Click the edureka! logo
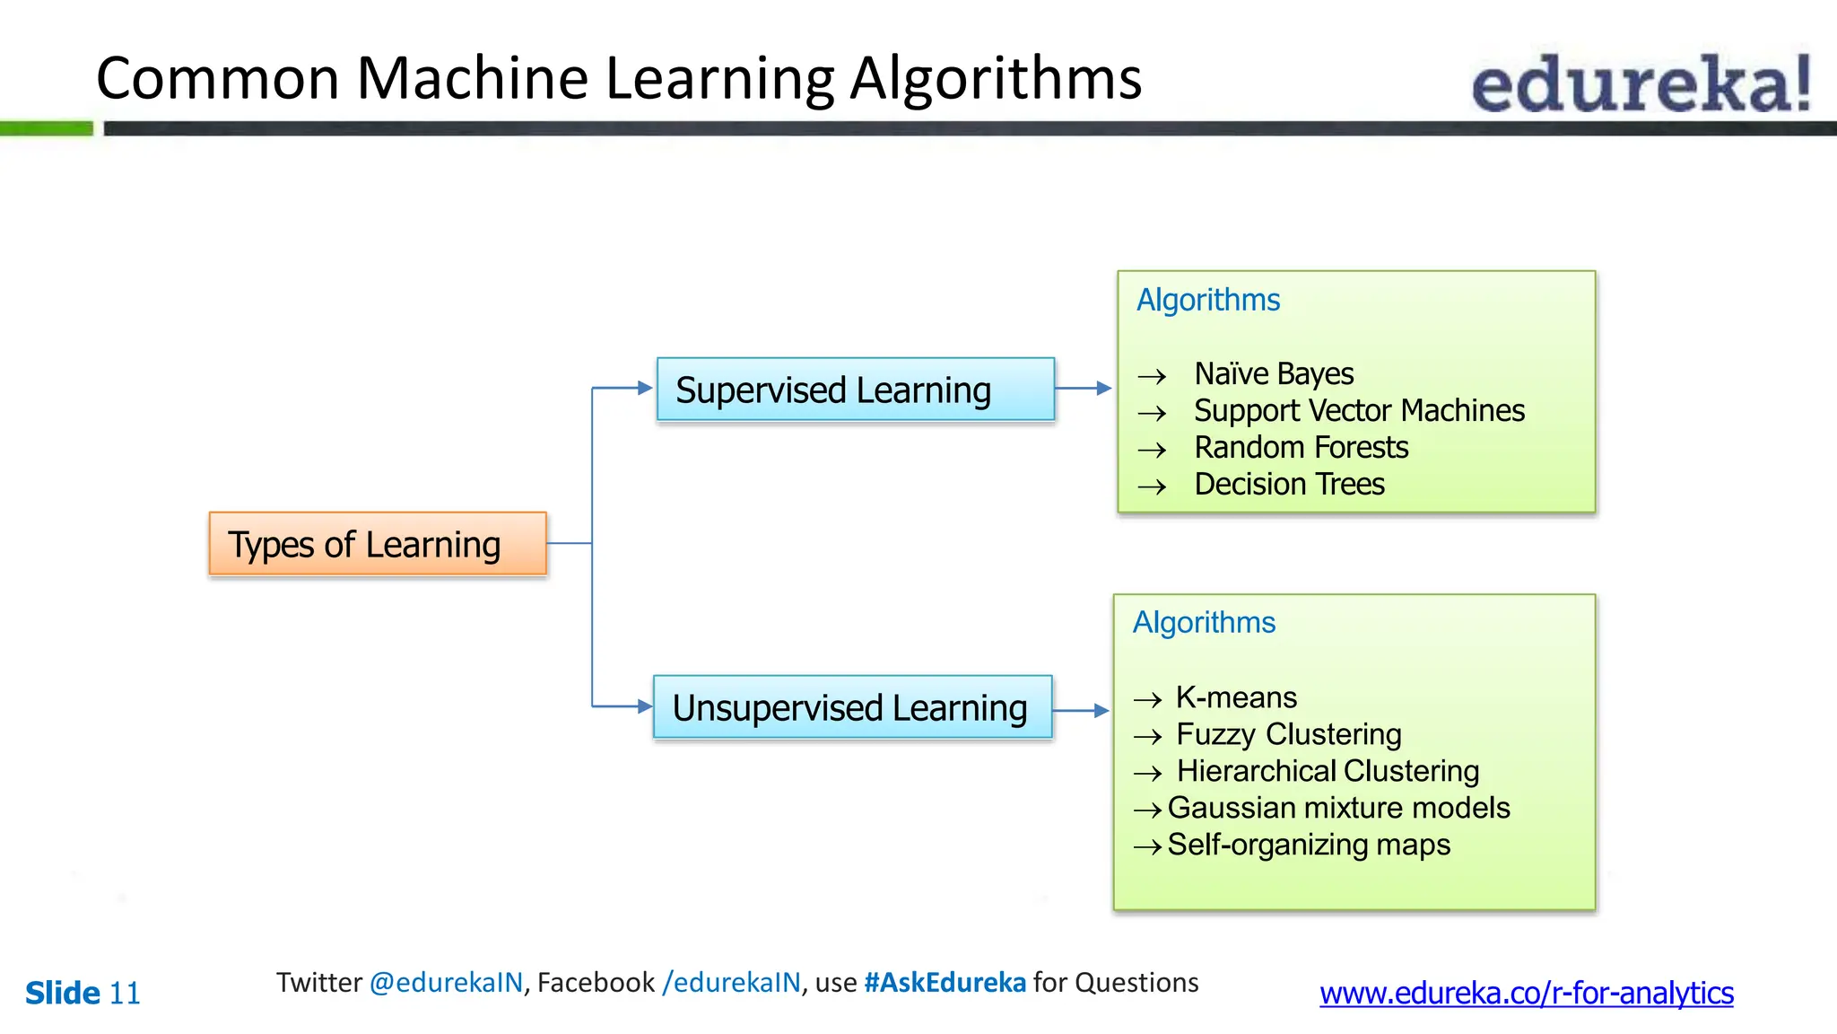pos(1641,83)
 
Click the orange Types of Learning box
pos(378,544)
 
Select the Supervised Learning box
pos(855,390)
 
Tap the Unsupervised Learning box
pos(852,707)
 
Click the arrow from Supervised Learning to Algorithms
pos(1084,389)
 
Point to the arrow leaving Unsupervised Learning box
pos(1081,710)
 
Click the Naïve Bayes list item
pos(1273,373)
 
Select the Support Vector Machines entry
pos(1358,410)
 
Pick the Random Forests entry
pos(1301,447)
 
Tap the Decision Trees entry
pos(1289,484)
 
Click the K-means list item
pos(1236,697)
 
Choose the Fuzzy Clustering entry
pos(1288,734)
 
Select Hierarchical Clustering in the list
pos(1328,771)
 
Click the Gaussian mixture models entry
pos(1338,808)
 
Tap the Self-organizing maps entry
pos(1308,845)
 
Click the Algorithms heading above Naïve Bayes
pos(1207,300)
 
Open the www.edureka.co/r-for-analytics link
pos(1526,993)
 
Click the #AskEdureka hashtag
pos(945,983)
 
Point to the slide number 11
pos(125,994)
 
